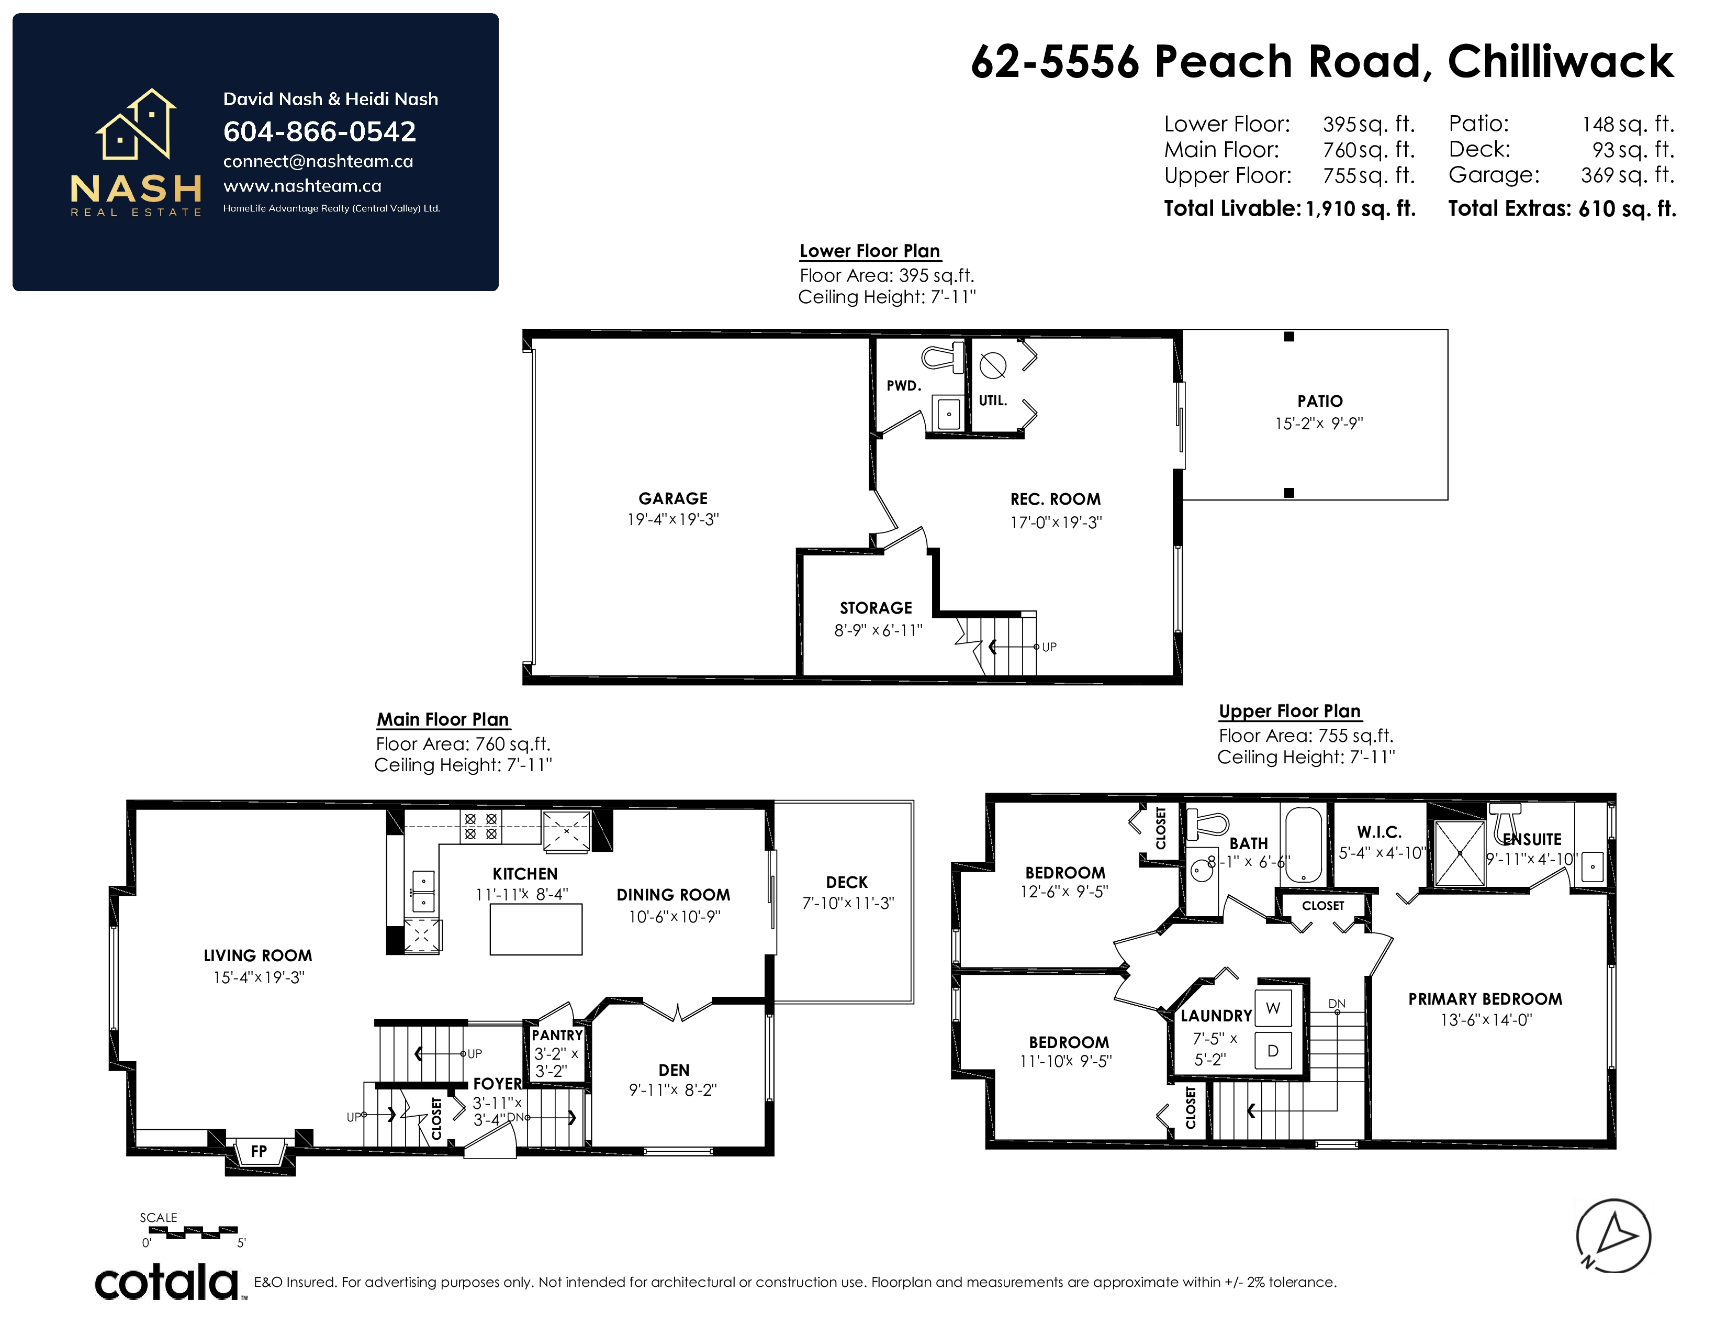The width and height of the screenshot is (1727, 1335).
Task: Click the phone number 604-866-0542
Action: pos(319,131)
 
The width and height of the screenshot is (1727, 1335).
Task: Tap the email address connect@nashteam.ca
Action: pos(318,161)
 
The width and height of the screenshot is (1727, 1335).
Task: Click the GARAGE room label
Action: pos(673,498)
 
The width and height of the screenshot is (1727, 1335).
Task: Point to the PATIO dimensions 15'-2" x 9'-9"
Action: pos(1319,423)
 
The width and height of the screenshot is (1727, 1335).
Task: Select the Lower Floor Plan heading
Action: pos(870,251)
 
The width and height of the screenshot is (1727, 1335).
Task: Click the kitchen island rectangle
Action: pos(536,929)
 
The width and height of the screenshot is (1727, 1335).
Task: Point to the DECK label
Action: pos(847,882)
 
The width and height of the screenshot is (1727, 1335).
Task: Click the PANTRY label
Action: pos(557,1035)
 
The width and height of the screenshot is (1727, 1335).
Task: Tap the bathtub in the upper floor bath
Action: pos(1303,844)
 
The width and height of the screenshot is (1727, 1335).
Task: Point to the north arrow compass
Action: pos(1613,1236)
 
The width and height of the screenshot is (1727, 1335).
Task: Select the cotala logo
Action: pos(167,1282)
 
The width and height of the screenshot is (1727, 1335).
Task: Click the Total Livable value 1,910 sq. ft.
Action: pos(1360,209)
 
